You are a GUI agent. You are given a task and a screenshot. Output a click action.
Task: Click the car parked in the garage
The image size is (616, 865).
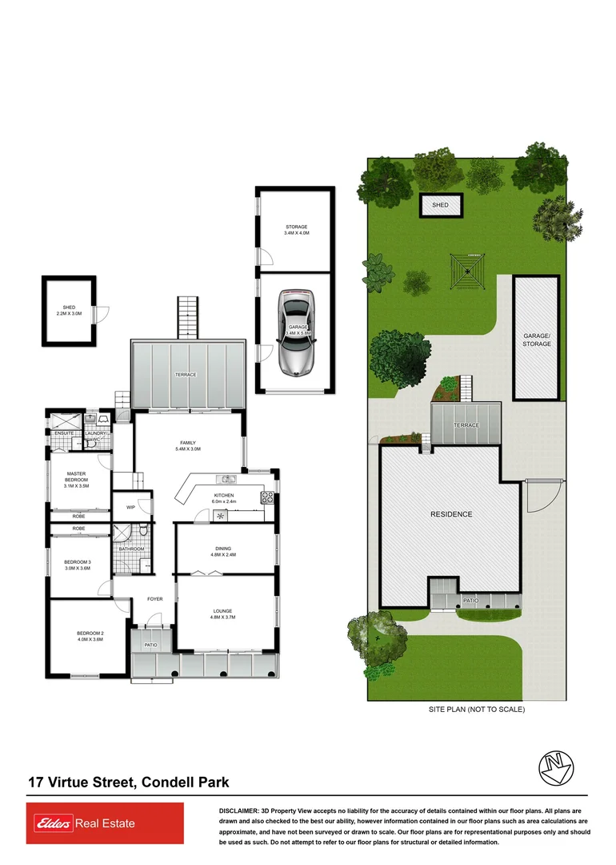(x=295, y=332)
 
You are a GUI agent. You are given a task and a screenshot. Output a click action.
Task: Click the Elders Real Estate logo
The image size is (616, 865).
(x=105, y=823)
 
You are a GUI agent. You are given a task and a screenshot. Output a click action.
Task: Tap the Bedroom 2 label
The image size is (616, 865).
(x=90, y=637)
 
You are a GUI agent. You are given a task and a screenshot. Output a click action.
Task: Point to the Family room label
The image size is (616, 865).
(x=188, y=446)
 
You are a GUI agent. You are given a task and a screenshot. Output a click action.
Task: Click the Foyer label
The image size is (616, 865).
(x=154, y=599)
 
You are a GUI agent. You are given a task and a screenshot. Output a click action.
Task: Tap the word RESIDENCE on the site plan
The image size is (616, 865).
(x=451, y=514)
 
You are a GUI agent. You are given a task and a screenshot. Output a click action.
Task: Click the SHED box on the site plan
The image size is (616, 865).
(x=441, y=206)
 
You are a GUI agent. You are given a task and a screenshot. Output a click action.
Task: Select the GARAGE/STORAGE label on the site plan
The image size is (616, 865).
(x=537, y=340)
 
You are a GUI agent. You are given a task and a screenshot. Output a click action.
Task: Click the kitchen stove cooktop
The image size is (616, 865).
(x=269, y=498)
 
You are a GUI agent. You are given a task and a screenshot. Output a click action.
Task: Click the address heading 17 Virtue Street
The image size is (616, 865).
(x=129, y=782)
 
